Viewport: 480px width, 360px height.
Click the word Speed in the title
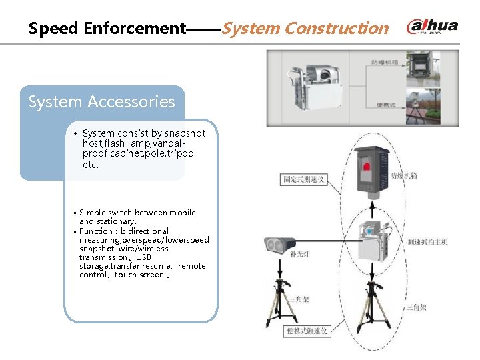click(x=54, y=29)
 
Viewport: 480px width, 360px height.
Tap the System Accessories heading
click(x=101, y=102)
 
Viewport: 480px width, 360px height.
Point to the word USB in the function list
click(x=143, y=257)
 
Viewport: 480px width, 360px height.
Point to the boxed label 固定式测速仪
click(x=303, y=179)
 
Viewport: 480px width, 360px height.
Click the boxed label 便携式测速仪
click(x=305, y=331)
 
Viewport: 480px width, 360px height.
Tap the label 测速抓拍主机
click(x=427, y=242)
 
